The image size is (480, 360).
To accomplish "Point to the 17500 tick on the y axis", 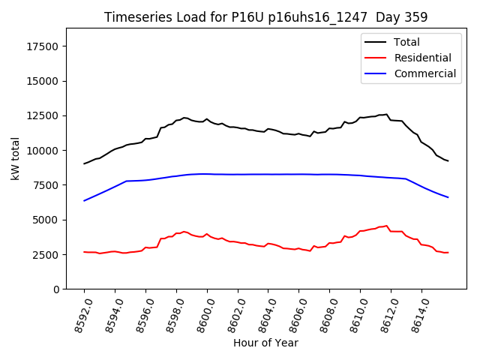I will pos(43,46).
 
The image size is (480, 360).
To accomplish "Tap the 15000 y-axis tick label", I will pos(43,81).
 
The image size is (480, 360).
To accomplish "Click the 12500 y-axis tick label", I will pos(43,115).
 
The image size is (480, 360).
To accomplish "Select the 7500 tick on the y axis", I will pos(46,185).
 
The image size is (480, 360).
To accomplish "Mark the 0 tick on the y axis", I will pos(57,289).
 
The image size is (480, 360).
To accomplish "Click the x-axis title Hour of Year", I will pos(265,343).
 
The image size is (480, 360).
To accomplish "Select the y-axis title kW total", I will pos(15,158).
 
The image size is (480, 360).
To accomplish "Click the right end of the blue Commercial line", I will pos(448,197).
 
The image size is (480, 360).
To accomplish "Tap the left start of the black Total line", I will pos(84,163).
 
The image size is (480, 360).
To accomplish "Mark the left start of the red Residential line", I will pos(84,252).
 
